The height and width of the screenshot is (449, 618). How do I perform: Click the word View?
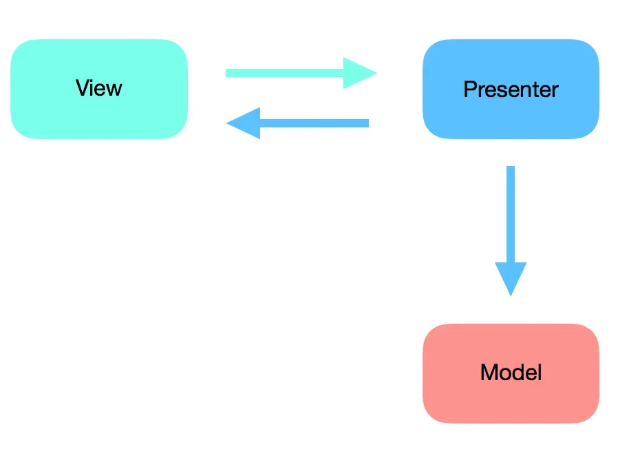point(98,88)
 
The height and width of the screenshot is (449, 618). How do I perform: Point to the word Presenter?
point(510,90)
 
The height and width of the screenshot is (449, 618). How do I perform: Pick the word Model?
point(511,373)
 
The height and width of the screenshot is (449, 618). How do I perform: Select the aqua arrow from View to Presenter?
point(296,73)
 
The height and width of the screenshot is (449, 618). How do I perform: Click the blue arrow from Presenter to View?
point(303,123)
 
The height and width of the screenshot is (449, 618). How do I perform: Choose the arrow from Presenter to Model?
point(510,220)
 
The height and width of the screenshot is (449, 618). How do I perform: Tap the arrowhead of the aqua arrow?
point(359,73)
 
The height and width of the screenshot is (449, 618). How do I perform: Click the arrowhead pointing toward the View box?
point(244,123)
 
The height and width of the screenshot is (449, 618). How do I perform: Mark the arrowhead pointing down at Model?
point(510,278)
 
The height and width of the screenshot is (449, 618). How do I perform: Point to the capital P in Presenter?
point(470,90)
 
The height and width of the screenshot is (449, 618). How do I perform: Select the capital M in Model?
point(489,373)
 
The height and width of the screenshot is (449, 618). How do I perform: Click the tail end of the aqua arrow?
point(229,73)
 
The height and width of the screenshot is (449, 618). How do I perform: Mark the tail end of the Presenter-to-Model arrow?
point(510,169)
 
